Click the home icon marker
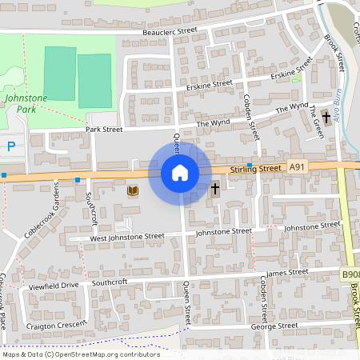coord(180,173)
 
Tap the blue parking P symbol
coord(10,146)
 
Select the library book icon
coord(133,190)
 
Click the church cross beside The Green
coord(326,118)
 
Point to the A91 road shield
coord(298,166)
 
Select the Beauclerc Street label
coord(170,30)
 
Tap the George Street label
coord(274,326)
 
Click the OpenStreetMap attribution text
coord(80,354)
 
